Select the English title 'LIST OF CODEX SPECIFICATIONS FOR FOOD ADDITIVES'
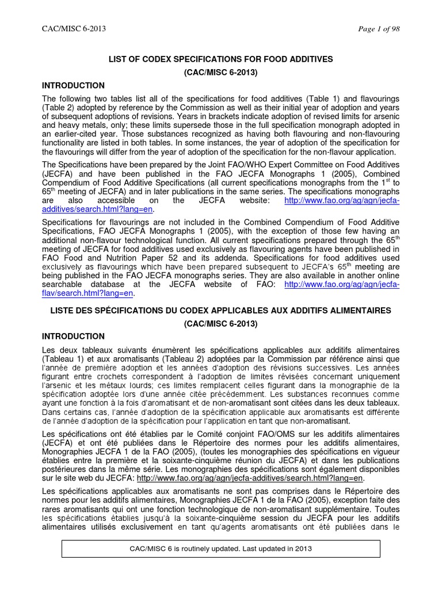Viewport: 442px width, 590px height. (221, 59)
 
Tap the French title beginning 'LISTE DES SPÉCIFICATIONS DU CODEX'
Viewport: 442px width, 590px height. (221, 310)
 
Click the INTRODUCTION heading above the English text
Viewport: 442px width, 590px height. (74, 85)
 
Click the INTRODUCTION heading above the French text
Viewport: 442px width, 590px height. (74, 336)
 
